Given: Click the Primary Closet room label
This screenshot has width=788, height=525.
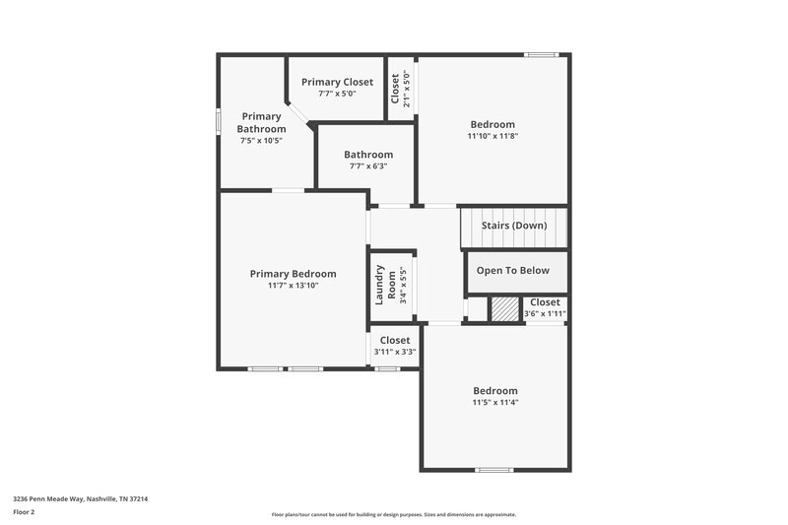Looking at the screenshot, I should pos(337,82).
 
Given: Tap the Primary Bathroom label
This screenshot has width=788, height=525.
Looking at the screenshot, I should pos(261,122).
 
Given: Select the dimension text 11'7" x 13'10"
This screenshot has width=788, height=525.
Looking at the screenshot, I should pos(293,286).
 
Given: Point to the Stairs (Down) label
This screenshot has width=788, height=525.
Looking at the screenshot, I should pos(513,226).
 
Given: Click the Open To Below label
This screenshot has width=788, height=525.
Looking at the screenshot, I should pos(514,271).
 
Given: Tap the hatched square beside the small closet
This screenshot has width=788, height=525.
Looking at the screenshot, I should pos(503,309).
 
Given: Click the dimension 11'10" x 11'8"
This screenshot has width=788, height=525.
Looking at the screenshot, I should pos(492,136).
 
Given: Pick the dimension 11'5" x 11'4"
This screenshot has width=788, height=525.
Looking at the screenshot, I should pos(493,402).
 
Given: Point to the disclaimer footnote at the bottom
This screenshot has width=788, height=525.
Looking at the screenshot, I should pos(394,514).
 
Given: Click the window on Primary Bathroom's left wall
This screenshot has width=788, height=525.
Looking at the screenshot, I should pos(219,119).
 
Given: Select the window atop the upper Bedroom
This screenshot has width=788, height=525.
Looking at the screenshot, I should pos(540,55).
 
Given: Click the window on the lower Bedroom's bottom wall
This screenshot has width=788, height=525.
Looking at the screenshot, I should pos(494,469).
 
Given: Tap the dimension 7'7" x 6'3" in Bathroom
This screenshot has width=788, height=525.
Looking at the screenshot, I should pos(368,166).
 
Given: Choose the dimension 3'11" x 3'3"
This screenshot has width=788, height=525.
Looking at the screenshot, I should pos(395,352).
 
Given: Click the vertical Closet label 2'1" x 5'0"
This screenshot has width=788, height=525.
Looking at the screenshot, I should pos(399,90).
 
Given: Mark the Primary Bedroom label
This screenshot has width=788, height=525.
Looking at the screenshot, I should pos(293,274).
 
